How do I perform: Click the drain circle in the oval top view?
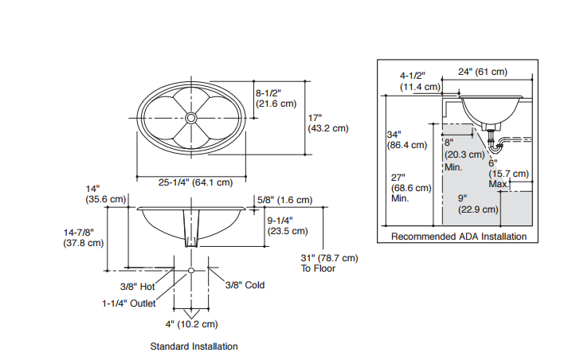191,118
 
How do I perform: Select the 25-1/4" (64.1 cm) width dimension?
195,182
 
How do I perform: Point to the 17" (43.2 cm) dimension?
327,123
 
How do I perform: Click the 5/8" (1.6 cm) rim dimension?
284,200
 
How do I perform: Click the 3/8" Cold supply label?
245,284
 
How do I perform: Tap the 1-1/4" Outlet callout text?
128,303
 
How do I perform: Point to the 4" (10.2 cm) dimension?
191,323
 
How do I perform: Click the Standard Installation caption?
194,346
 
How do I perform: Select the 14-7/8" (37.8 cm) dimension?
84,237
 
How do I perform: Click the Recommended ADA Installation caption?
458,237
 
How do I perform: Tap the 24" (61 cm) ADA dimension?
483,72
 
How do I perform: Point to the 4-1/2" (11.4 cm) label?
420,81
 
